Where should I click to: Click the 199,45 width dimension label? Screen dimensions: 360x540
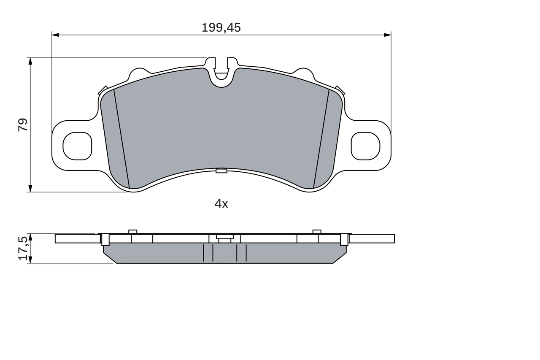tap(221, 28)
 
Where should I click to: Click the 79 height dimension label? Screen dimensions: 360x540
tap(23, 125)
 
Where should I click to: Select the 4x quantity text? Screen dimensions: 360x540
tap(221, 204)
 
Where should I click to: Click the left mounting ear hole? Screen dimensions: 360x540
tap(77, 146)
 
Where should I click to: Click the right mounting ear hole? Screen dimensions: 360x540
tap(365, 146)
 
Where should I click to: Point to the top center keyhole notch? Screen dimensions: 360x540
tap(221, 72)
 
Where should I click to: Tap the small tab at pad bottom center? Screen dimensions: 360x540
tap(221, 171)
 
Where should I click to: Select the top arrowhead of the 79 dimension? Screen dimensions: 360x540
tap(30, 61)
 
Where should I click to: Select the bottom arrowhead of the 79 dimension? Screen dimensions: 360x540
tap(30, 189)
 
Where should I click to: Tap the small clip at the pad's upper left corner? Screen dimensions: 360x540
tap(103, 90)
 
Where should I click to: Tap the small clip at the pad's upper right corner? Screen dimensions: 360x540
tap(340, 90)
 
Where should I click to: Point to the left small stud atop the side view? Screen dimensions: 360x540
tap(132, 231)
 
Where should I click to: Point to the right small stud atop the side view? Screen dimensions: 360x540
tap(317, 231)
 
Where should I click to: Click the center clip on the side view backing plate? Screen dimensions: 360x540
tap(224, 238)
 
